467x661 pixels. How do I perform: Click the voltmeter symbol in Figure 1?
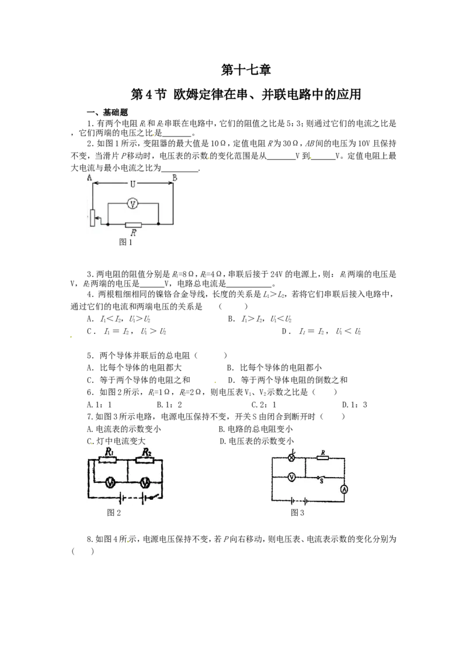click(133, 204)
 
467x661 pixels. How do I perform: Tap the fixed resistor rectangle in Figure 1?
click(133, 224)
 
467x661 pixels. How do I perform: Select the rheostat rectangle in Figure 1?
click(92, 218)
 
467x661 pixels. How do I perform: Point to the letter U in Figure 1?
click(133, 184)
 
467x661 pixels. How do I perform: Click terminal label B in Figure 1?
click(175, 178)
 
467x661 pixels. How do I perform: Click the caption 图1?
click(126, 242)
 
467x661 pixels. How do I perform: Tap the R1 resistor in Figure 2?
click(107, 460)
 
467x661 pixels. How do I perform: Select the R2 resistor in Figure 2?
click(145, 460)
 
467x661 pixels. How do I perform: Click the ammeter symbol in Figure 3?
click(344, 489)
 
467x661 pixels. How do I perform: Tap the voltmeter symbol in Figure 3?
click(291, 477)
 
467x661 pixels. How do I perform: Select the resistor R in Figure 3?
click(322, 457)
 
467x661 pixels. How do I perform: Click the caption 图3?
click(297, 513)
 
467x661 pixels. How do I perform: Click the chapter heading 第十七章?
click(246, 70)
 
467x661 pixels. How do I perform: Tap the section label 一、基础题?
click(107, 113)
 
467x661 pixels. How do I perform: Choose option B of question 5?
click(274, 368)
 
